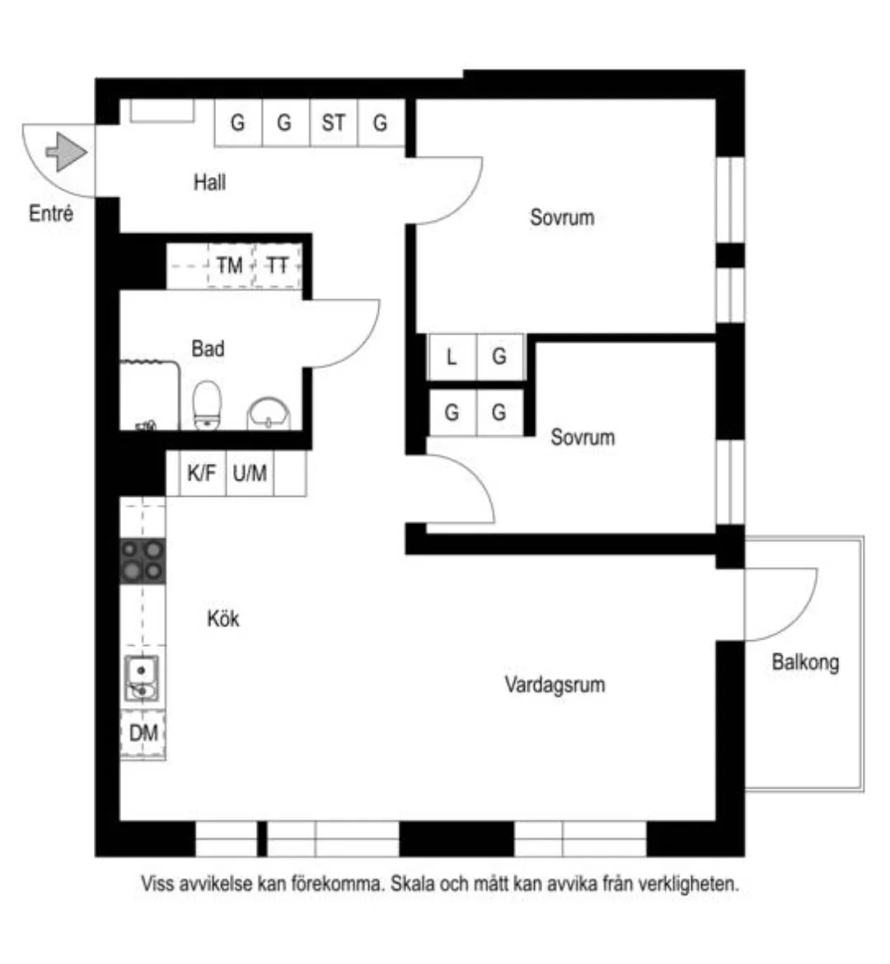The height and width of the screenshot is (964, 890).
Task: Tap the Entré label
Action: [51, 213]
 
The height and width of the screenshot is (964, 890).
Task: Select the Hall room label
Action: [209, 182]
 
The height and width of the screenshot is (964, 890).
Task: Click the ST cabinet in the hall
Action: [333, 123]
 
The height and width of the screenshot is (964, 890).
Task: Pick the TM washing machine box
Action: [229, 265]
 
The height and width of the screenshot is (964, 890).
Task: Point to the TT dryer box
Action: [278, 265]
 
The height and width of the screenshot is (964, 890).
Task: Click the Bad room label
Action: [208, 349]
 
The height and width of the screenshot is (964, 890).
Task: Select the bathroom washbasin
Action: [269, 413]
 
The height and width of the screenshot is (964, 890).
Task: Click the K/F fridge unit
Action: [202, 473]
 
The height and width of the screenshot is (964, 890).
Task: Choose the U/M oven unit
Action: [250, 473]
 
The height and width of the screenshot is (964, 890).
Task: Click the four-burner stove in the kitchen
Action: [143, 560]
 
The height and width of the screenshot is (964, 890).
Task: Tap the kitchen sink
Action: [142, 678]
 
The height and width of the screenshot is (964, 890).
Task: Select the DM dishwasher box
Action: [143, 732]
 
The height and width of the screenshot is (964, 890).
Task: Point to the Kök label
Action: [223, 618]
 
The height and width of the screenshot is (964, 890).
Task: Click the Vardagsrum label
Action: [555, 684]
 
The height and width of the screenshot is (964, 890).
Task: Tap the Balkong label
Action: [805, 662]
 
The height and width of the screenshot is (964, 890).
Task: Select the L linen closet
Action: [452, 357]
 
